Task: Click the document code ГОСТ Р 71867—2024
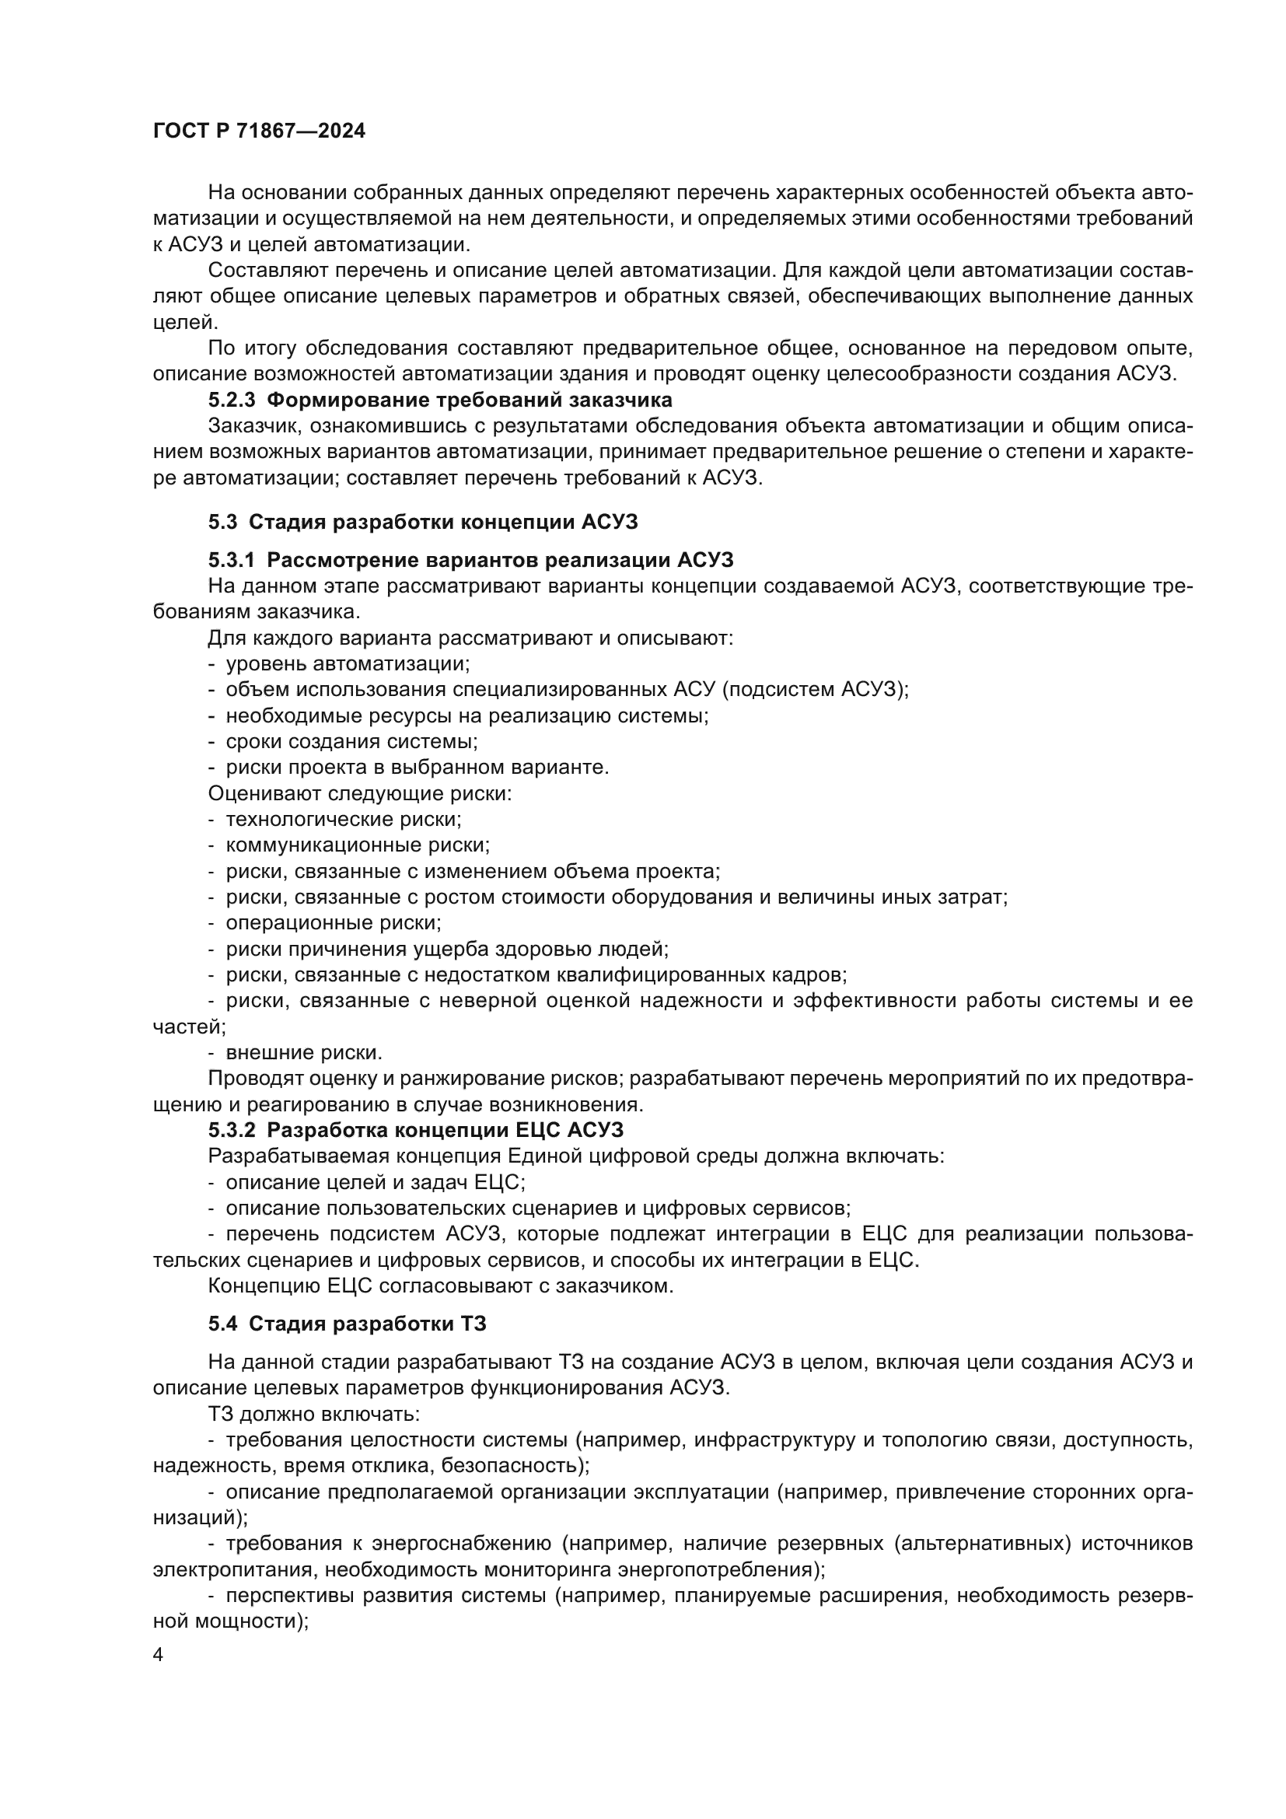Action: point(259,131)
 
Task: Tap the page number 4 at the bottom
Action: point(159,1655)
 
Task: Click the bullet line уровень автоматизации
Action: point(348,663)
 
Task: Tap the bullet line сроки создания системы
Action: point(351,742)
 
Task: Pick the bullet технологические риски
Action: point(344,818)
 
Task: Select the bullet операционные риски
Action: point(334,922)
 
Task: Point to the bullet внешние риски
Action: point(304,1052)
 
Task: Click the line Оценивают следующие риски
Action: point(359,793)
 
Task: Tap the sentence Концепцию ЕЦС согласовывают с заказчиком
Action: point(440,1285)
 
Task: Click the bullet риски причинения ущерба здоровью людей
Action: point(447,948)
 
